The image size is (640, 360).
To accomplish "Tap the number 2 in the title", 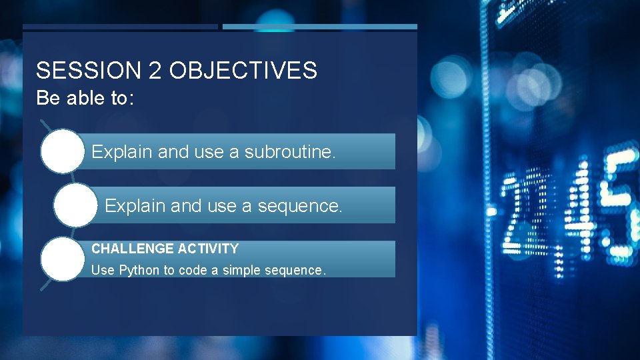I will [x=155, y=70].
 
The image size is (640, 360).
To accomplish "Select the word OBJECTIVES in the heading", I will [x=243, y=70].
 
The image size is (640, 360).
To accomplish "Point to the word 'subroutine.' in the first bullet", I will [x=289, y=152].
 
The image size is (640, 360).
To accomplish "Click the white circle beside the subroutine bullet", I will [x=62, y=151].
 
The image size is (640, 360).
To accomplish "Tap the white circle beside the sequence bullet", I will [x=75, y=205].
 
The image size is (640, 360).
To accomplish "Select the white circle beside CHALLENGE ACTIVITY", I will [x=62, y=259].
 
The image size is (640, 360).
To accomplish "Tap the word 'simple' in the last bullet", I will [x=243, y=270].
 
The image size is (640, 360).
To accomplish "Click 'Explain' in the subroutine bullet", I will [x=122, y=152].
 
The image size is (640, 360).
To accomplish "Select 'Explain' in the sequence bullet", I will [x=135, y=206].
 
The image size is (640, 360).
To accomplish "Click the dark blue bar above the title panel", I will [x=120, y=27].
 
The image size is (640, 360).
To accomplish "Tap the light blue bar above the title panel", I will [x=320, y=27].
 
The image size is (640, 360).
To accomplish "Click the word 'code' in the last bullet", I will [x=193, y=270].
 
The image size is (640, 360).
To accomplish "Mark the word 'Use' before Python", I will [x=103, y=270].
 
